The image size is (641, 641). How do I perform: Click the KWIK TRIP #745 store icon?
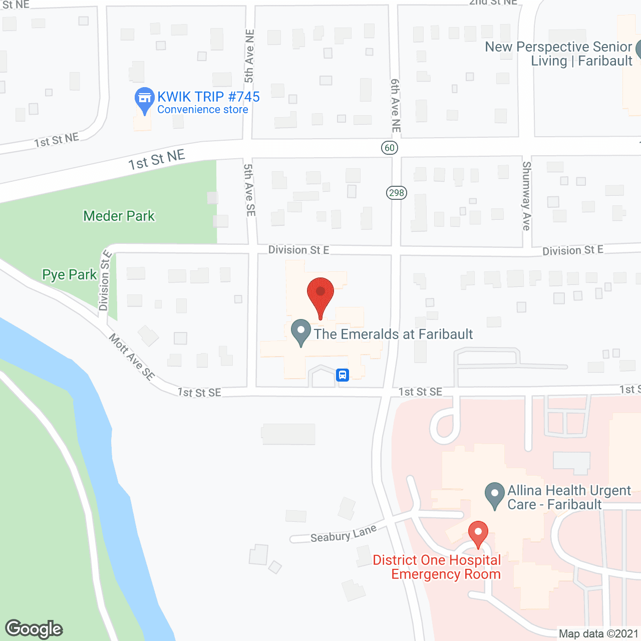144,99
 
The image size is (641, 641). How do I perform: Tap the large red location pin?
320,293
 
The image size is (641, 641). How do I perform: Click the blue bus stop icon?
343,375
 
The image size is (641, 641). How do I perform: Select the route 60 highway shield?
390,148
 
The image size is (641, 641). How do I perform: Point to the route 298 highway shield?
396,193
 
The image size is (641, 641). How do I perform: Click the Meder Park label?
119,216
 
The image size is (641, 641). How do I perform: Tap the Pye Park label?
69,274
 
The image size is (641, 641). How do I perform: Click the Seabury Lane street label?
344,534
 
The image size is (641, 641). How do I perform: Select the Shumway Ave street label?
526,196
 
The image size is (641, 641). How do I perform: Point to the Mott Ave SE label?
132,357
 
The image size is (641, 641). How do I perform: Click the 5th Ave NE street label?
249,56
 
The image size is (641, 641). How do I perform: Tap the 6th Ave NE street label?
396,105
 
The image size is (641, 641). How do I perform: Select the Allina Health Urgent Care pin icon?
495,495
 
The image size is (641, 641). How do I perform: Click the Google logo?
34,629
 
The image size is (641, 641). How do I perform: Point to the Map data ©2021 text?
598,634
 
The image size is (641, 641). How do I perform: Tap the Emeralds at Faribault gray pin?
301,332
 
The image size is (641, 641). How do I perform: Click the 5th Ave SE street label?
249,190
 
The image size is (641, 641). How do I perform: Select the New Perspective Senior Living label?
558,54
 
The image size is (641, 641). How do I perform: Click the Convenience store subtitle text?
203,110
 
